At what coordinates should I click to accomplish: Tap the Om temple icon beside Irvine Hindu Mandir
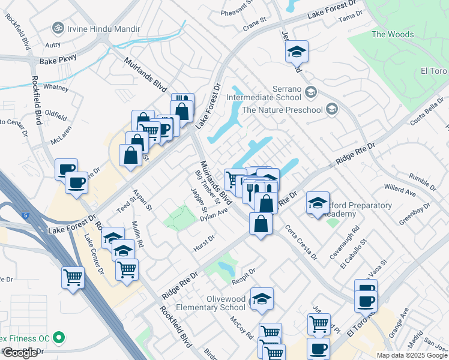(58, 28)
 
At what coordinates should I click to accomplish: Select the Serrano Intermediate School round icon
(310, 92)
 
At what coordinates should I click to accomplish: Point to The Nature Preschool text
(283, 110)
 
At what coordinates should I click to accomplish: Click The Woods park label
(393, 34)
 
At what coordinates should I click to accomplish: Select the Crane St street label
(255, 22)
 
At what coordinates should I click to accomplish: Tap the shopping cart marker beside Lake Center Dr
(73, 277)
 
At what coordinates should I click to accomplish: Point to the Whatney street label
(55, 87)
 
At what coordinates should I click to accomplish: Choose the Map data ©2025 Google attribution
(412, 355)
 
